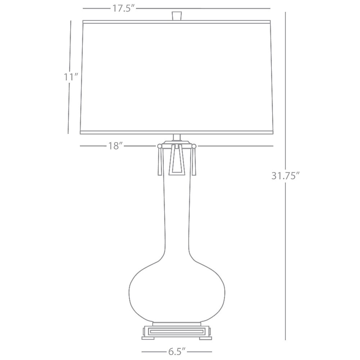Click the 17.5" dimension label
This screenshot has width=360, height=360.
click(123, 9)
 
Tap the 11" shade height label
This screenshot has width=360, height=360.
click(71, 77)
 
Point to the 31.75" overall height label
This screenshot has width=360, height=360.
click(285, 176)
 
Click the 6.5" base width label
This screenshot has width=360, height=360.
click(177, 351)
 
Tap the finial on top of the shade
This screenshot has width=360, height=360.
click(176, 15)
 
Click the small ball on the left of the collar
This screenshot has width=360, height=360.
click(159, 146)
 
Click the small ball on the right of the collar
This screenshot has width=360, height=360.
click(194, 146)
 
